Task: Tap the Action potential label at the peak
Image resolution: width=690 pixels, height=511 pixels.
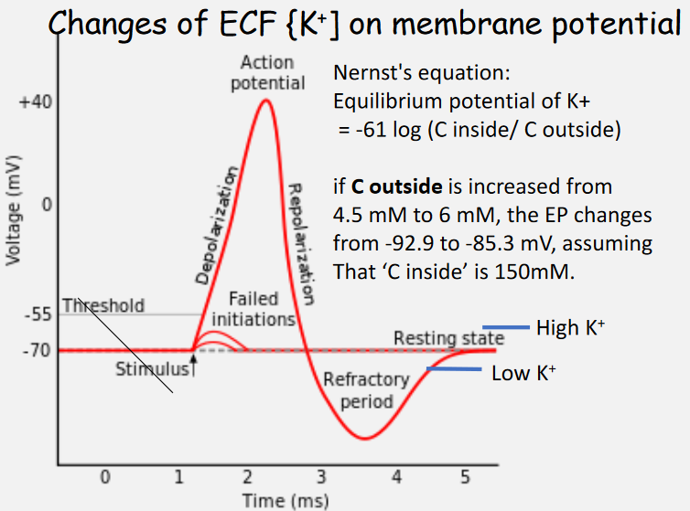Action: (267, 73)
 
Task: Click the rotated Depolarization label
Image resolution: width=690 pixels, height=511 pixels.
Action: (218, 223)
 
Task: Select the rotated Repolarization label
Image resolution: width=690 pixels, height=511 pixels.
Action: (301, 243)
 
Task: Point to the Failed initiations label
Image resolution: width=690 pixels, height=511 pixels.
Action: (253, 310)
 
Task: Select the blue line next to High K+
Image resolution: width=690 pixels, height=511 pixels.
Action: (506, 326)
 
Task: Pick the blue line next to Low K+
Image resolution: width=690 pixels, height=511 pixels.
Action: (454, 369)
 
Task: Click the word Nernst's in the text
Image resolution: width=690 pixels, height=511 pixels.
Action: (370, 71)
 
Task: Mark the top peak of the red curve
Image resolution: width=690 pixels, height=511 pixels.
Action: (265, 100)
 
